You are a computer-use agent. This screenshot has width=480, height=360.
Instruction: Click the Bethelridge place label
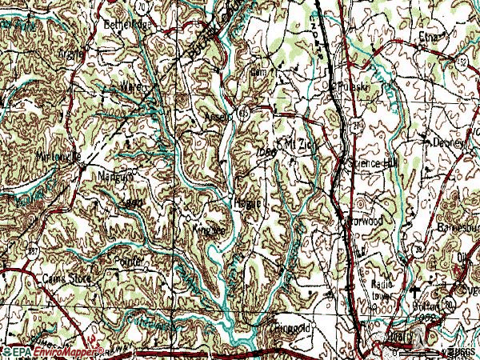(x=127, y=24)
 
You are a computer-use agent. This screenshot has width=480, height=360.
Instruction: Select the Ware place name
(x=130, y=84)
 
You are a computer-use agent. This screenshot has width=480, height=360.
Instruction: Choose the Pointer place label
(x=129, y=261)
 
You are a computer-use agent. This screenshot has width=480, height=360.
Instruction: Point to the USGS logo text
(x=460, y=351)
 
